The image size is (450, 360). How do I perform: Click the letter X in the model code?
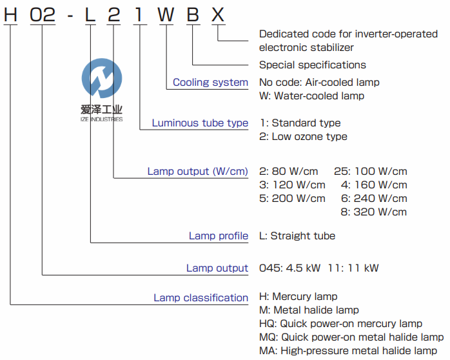pos(219,15)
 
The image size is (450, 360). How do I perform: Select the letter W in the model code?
pos(166,15)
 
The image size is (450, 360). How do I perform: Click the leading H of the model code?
pos(10,15)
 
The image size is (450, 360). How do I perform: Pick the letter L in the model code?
pos(90,15)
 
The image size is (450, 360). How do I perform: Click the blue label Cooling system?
pos(210,83)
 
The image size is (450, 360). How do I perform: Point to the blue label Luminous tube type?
pos(200,123)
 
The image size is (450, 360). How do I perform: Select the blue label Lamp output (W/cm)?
pos(197,171)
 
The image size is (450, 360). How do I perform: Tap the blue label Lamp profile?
pos(218,235)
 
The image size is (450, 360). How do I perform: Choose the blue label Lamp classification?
pos(201,297)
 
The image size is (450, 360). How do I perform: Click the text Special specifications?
pos(312,65)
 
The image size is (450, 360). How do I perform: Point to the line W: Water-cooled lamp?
pos(311,96)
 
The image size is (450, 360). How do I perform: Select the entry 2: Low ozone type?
pos(303,136)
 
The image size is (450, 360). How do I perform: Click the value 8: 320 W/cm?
pos(374,212)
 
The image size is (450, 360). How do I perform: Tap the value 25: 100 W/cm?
pos(371,171)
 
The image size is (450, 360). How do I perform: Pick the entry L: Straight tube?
pos(297,235)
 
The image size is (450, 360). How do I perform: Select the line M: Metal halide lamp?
pos(309,310)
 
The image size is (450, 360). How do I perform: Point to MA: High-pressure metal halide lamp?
pos(347,350)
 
